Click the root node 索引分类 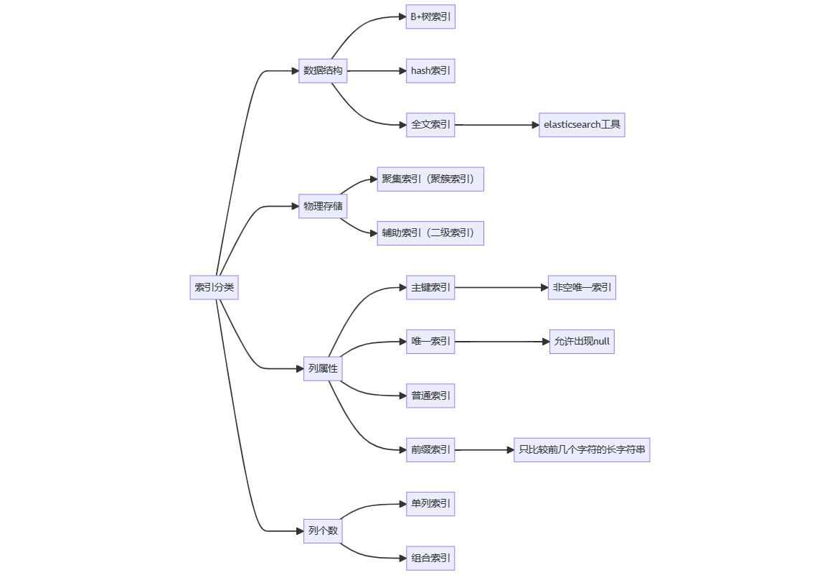(x=214, y=287)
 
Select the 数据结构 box (x=323, y=70)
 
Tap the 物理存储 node (x=323, y=206)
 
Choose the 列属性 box (x=323, y=368)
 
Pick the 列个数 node (x=323, y=530)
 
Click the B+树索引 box (x=430, y=17)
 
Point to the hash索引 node (x=430, y=70)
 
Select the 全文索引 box (x=430, y=124)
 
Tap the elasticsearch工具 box (x=582, y=124)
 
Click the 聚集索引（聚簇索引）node (x=430, y=179)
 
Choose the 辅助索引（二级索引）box (x=430, y=233)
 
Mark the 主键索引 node (x=430, y=287)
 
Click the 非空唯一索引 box (x=582, y=287)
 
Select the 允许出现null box (x=582, y=341)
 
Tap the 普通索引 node (x=430, y=396)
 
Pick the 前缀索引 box (x=430, y=449)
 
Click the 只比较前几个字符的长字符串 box (x=582, y=449)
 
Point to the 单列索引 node (x=430, y=503)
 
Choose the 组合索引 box (x=430, y=558)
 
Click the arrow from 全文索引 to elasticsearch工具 (x=497, y=125)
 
